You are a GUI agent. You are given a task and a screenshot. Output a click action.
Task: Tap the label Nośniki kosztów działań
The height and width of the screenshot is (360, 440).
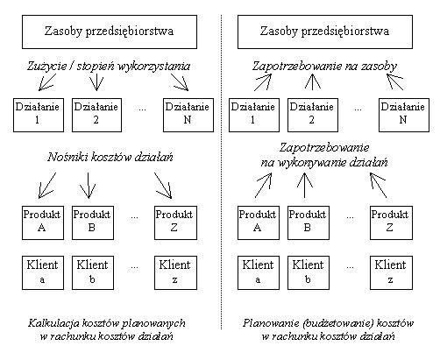110,158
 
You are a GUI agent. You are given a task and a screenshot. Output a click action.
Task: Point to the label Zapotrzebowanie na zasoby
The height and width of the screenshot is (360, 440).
324,67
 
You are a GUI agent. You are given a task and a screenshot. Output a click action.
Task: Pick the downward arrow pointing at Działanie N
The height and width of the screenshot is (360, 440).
180,82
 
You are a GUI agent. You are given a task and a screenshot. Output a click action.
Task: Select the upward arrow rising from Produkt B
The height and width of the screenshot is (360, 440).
305,185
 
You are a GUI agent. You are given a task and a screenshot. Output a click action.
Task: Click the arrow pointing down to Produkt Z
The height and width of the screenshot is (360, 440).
163,186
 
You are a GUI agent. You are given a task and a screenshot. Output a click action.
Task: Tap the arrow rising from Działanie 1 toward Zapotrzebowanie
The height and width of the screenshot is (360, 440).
263,82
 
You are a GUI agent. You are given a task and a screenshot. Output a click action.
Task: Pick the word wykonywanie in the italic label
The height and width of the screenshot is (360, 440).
311,162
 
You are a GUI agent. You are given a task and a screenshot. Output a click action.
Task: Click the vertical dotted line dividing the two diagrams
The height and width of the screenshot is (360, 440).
221,173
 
